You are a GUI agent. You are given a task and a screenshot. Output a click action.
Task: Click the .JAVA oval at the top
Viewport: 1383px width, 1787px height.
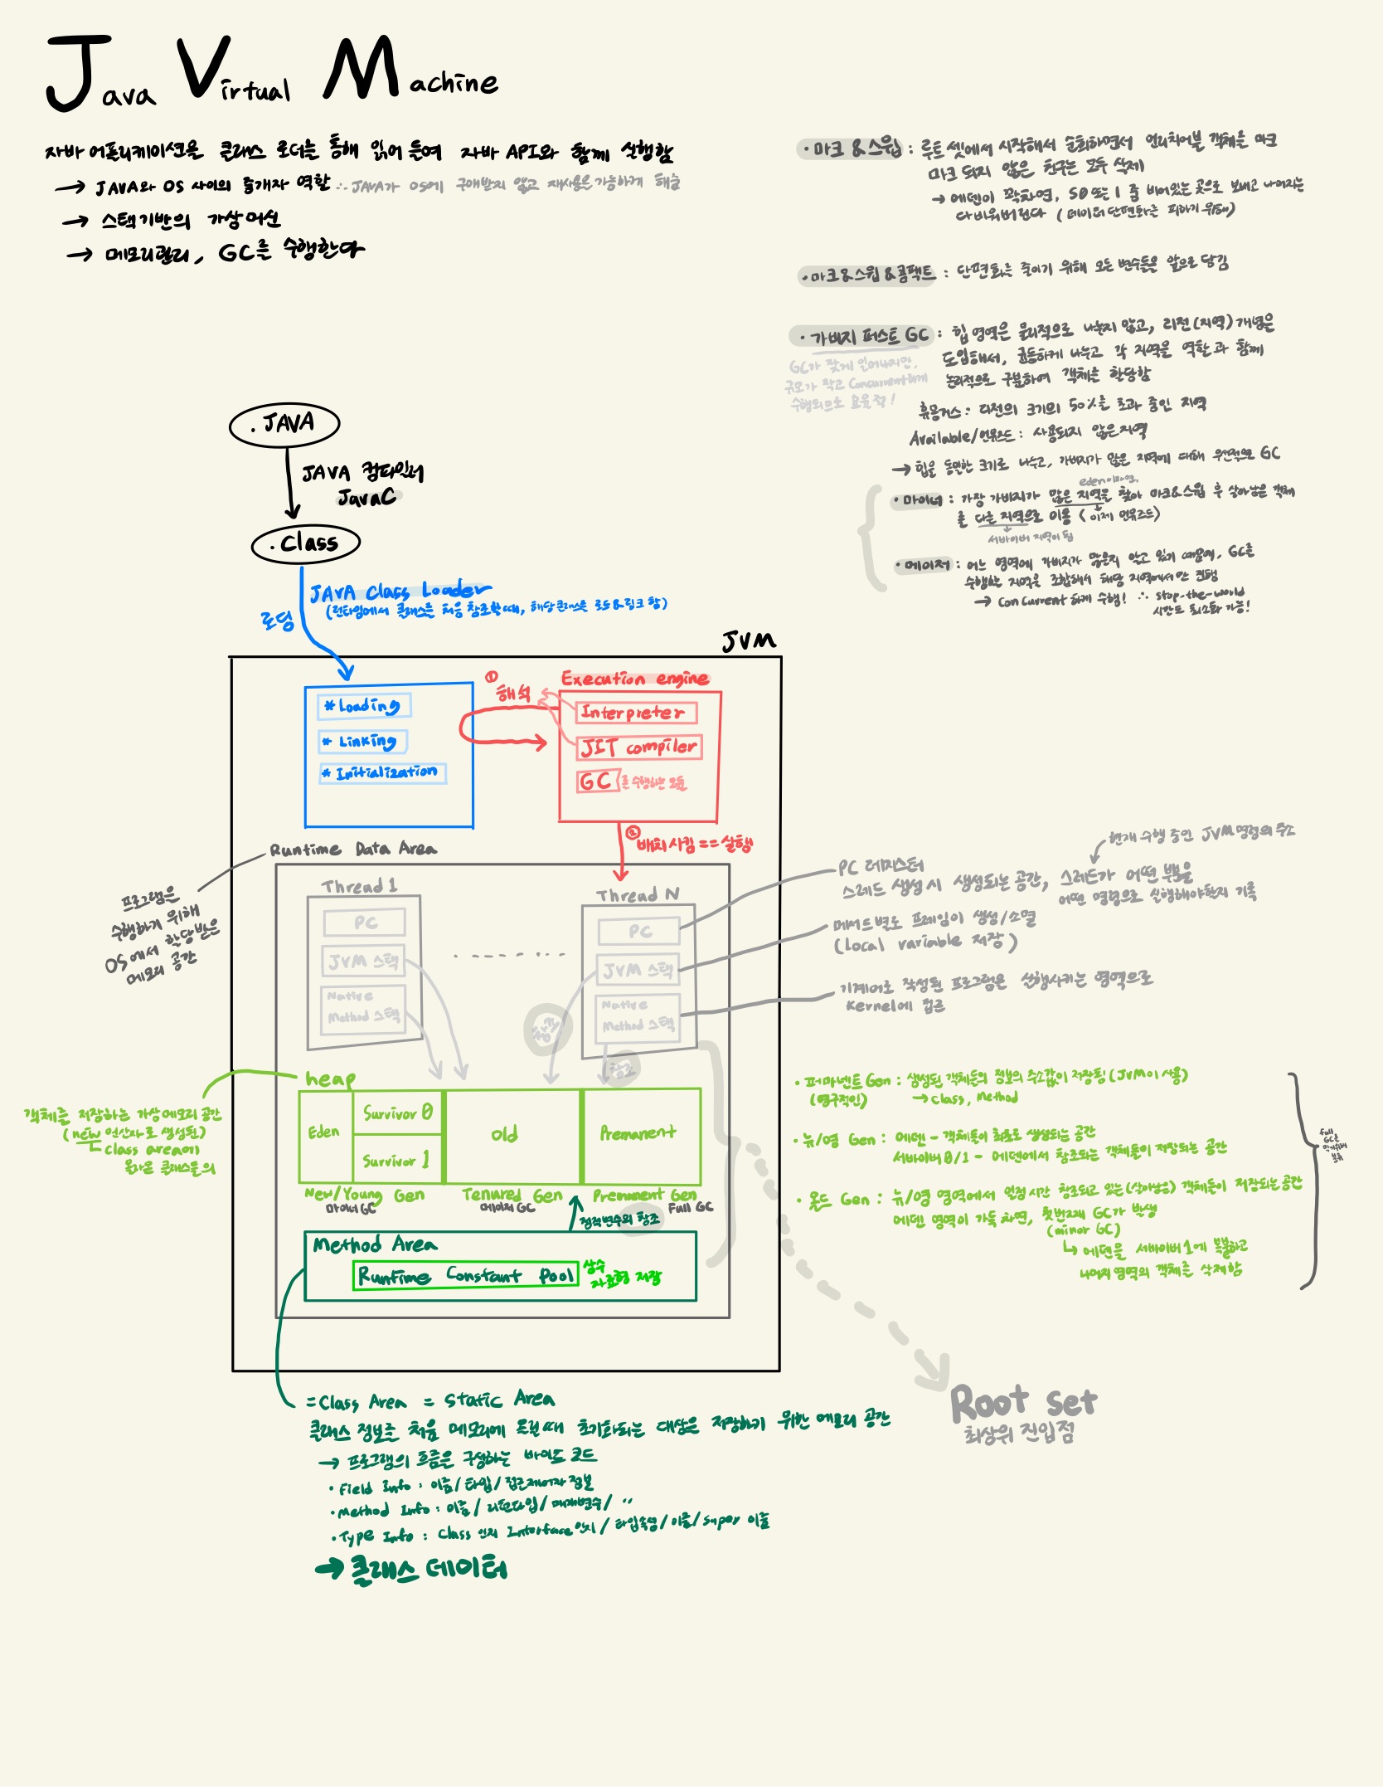[x=284, y=425]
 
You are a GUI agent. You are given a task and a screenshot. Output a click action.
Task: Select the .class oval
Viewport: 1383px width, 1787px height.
[x=305, y=544]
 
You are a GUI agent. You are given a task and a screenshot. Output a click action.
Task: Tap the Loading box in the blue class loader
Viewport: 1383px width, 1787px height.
[x=364, y=706]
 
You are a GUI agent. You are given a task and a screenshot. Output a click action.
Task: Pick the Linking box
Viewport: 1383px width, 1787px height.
[x=362, y=741]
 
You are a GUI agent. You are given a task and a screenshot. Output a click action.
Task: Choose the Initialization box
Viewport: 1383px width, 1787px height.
[x=383, y=773]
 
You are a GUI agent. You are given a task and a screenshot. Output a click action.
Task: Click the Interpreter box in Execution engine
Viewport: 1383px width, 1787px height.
[x=636, y=713]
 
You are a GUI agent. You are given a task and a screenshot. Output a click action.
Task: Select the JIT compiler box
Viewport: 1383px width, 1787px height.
[x=639, y=747]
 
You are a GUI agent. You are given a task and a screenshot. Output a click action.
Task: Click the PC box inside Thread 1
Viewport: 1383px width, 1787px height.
[x=365, y=923]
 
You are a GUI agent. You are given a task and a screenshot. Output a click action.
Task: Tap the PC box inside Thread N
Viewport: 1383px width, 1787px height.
[x=639, y=932]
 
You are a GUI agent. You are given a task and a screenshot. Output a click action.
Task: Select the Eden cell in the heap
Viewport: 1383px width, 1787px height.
[x=324, y=1134]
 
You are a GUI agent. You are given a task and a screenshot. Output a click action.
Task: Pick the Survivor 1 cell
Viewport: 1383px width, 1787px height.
[x=398, y=1161]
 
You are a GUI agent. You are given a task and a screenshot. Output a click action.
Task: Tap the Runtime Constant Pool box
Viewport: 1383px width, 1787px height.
[x=466, y=1275]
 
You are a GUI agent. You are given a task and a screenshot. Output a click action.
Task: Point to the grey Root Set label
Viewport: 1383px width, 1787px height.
[x=1023, y=1403]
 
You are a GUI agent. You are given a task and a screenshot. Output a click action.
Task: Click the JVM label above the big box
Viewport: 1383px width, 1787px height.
[x=749, y=640]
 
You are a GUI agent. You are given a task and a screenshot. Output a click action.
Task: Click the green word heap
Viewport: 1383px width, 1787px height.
[x=330, y=1079]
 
